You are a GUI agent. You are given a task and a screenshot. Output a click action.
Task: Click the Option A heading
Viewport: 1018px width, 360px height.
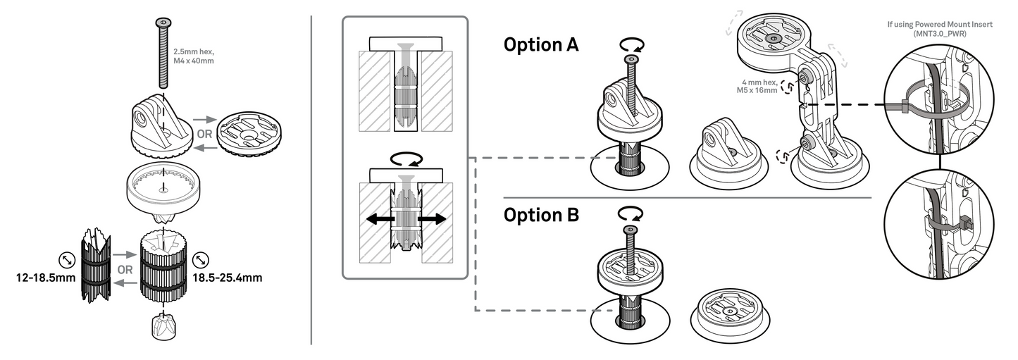540,45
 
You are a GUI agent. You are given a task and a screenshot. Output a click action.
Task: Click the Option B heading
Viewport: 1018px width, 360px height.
540,215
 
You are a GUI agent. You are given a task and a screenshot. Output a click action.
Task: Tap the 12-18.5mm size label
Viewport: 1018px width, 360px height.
45,278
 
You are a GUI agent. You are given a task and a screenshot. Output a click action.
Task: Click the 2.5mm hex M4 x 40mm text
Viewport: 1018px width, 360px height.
193,56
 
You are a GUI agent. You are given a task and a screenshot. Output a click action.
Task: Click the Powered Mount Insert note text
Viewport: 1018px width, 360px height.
941,28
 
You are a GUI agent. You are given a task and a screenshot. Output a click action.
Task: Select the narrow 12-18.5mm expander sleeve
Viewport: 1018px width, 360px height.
96,268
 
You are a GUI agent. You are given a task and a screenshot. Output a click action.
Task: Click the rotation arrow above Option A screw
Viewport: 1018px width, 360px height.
631,44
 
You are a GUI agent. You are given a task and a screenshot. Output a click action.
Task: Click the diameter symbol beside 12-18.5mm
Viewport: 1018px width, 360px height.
67,260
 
